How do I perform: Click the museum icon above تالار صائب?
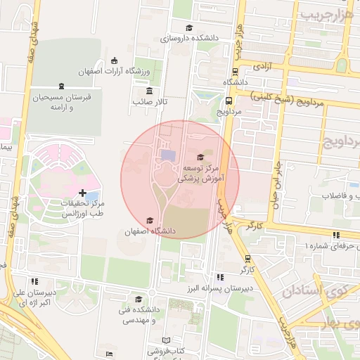click(x=148, y=91)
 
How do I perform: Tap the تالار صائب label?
click(x=148, y=102)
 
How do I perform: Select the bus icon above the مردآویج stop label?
click(x=229, y=101)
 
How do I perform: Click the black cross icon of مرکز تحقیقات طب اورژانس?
click(x=83, y=192)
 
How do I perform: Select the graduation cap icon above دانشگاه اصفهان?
click(x=148, y=221)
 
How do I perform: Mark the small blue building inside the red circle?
click(x=169, y=154)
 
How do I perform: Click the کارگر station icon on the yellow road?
click(x=247, y=259)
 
